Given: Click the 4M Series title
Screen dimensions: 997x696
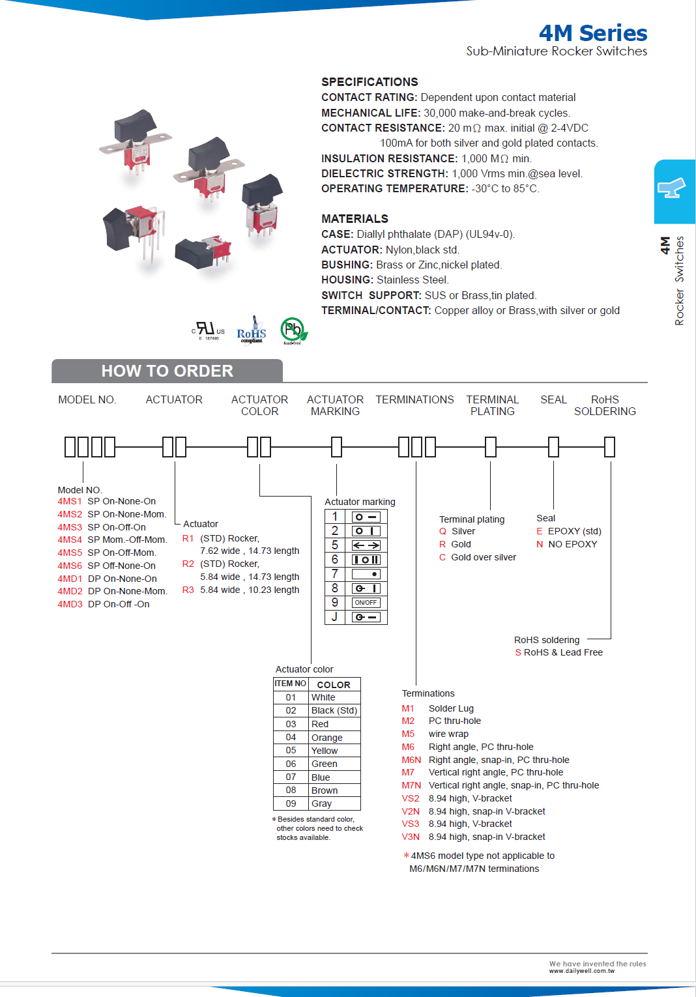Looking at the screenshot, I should click(592, 33).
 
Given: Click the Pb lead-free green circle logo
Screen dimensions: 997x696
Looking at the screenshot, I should click(293, 330).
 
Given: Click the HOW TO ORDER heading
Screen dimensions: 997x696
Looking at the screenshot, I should click(167, 371).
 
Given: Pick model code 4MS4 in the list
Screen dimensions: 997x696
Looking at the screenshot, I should click(70, 540).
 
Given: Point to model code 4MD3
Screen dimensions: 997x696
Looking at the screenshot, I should click(70, 604).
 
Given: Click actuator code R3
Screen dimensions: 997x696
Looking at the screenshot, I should click(188, 590).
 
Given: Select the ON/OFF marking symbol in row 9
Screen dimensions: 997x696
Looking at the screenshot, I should click(366, 603).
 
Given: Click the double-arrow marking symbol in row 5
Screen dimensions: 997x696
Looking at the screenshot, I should click(366, 545).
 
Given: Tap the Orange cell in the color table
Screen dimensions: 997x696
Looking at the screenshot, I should click(327, 738).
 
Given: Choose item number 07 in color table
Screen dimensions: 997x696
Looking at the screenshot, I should click(291, 777).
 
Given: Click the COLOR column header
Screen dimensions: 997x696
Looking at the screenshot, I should click(334, 685).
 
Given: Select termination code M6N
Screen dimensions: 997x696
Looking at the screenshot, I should click(411, 760).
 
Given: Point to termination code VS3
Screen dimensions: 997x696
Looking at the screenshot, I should click(411, 824).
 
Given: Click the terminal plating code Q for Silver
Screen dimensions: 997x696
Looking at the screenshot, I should click(442, 531).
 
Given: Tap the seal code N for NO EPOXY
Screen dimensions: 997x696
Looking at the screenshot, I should click(540, 544).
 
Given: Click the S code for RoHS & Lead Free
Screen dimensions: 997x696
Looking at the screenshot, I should click(518, 652).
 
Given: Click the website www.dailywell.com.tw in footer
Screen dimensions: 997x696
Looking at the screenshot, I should click(581, 971).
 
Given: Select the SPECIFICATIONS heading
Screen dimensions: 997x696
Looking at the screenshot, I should click(370, 81).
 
